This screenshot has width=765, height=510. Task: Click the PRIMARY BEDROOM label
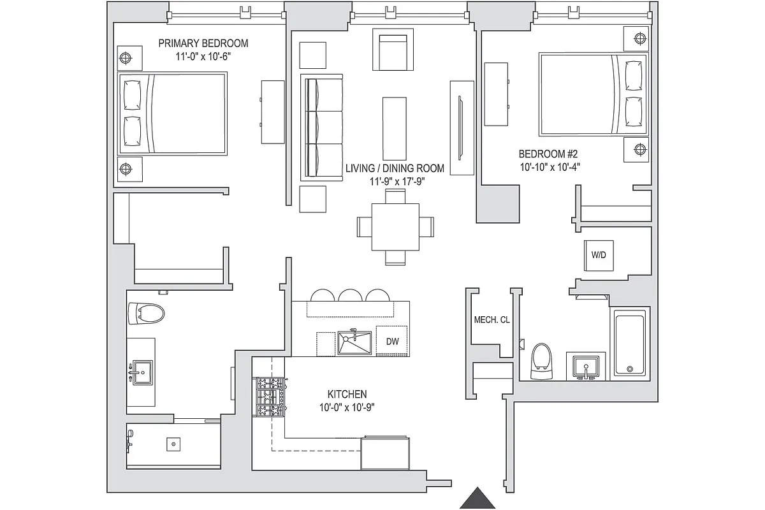[203, 43]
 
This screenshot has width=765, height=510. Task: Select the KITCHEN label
[347, 395]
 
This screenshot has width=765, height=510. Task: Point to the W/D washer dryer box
[599, 255]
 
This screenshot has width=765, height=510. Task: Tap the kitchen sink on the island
[354, 342]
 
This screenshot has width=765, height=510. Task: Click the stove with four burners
[270, 397]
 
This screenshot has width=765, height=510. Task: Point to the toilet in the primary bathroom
[146, 313]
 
